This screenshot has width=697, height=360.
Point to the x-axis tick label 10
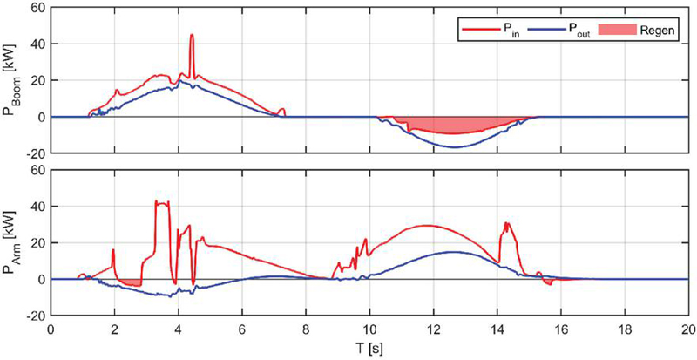(369, 332)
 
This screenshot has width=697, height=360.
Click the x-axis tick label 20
(687, 332)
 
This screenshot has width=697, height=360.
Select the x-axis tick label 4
(179, 332)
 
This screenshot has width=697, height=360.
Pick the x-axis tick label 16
(560, 332)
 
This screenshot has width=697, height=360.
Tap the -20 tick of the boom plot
(34, 153)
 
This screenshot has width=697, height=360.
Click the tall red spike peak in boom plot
(192, 36)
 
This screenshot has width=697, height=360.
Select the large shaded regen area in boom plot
(453, 125)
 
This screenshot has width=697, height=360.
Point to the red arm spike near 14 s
(505, 224)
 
